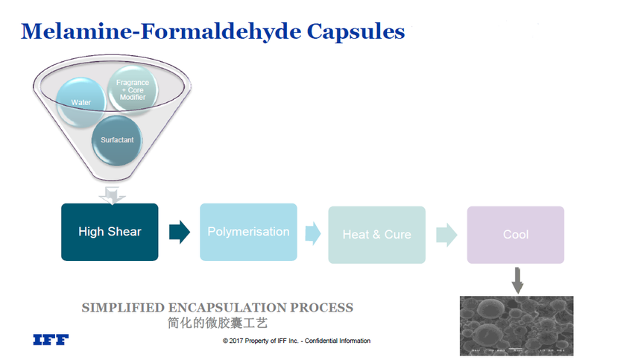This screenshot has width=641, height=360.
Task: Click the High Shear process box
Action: click(x=110, y=232)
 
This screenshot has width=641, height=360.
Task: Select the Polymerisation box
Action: click(x=248, y=232)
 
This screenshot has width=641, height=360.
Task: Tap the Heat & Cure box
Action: click(x=376, y=234)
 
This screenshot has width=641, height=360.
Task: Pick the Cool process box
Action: click(x=515, y=234)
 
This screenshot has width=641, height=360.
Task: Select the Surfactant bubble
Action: click(x=117, y=139)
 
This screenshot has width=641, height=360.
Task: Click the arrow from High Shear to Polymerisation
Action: click(x=179, y=232)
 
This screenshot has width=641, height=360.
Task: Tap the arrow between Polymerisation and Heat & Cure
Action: click(x=312, y=233)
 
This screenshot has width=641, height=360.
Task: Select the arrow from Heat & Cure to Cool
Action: click(x=446, y=234)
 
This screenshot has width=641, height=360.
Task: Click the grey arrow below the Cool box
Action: click(x=517, y=280)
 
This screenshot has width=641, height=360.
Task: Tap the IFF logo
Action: click(x=51, y=340)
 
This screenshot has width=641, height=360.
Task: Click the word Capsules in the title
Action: click(x=356, y=31)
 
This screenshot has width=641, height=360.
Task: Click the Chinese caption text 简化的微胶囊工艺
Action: click(x=217, y=323)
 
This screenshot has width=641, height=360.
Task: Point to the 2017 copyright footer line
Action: click(x=296, y=341)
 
